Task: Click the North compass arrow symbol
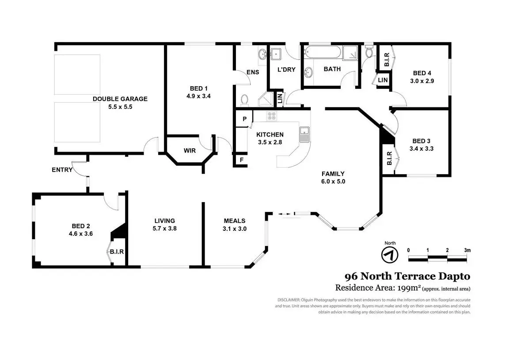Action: pyautogui.click(x=390, y=255)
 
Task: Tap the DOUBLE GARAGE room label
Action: pyautogui.click(x=120, y=99)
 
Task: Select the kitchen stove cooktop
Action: pyautogui.click(x=271, y=116)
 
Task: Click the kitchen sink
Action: pyautogui.click(x=304, y=134)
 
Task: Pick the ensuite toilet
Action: pyautogui.click(x=245, y=99)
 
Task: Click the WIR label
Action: pyautogui.click(x=190, y=151)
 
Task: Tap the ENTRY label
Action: pyautogui.click(x=62, y=170)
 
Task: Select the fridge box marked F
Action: pyautogui.click(x=241, y=160)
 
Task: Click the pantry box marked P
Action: pyautogui.click(x=244, y=119)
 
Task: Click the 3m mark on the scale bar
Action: pyautogui.click(x=467, y=250)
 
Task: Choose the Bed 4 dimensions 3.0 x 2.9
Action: pyautogui.click(x=422, y=81)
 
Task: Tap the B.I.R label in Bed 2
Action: pyautogui.click(x=117, y=252)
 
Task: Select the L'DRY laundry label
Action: pyautogui.click(x=286, y=70)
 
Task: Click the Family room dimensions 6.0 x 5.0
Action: pyautogui.click(x=333, y=181)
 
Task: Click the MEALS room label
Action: pyautogui.click(x=235, y=221)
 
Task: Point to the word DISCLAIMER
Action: pyautogui.click(x=289, y=300)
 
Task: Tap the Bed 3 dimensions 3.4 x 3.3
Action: pyautogui.click(x=421, y=149)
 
